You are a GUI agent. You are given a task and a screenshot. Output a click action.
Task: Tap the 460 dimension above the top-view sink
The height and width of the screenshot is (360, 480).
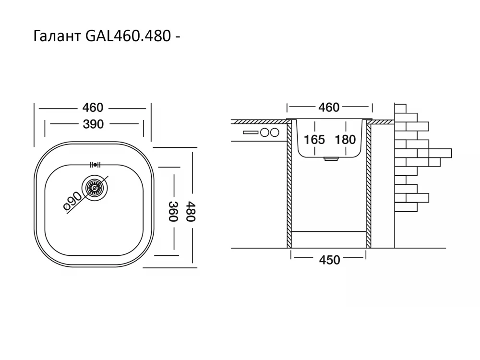coord(92,108)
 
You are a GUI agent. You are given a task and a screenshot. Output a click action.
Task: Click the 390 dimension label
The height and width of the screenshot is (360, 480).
coord(93,124)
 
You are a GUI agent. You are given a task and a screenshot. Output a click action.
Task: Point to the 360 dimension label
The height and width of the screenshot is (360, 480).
coord(173,211)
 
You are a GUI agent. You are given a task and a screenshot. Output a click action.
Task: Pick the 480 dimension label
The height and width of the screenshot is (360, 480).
coord(192,211)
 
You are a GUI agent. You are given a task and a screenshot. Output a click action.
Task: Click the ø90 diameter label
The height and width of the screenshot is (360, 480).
coord(72,202)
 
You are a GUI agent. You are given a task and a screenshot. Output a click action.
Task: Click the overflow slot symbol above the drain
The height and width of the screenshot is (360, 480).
coord(94,164)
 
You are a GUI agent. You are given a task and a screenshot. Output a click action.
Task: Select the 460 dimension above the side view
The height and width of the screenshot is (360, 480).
coord(329,108)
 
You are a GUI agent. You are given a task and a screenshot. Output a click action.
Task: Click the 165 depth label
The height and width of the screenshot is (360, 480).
coord(314,140)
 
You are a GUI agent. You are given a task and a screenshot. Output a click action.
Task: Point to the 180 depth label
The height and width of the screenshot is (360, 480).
coord(345,140)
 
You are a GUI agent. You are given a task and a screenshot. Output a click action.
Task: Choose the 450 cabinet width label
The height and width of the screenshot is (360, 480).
coord(329,260)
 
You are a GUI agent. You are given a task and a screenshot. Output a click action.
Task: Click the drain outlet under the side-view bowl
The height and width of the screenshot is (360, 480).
coord(330,159)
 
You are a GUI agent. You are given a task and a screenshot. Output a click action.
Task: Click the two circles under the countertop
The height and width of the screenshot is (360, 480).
coord(270,132)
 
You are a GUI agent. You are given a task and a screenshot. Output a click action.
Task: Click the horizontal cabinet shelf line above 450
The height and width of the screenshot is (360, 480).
coord(329,231)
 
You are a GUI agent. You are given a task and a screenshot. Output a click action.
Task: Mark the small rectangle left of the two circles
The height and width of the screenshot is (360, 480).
coord(251,132)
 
